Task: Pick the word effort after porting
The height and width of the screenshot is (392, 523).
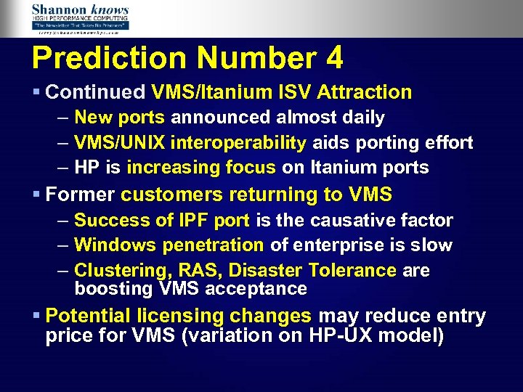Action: click(x=444, y=142)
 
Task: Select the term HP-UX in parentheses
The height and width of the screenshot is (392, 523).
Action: click(x=337, y=336)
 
